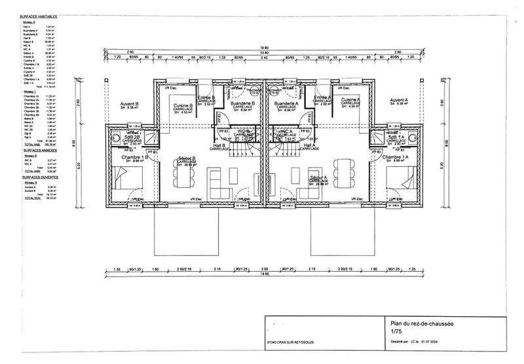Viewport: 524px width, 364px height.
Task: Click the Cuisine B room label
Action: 182,105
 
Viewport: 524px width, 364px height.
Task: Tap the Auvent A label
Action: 399,100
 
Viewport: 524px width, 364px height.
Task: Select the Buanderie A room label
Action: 286,104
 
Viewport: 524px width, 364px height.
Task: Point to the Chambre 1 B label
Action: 135,158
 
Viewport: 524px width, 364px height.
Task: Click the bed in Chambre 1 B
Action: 121,179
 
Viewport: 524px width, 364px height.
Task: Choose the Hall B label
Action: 219,145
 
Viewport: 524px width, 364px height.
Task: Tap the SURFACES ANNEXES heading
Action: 37,151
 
